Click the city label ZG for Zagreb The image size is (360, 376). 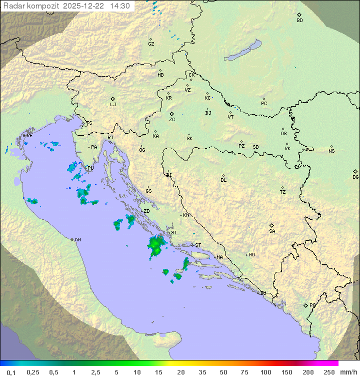pyautogui.click(x=172, y=120)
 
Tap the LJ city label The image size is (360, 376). pyautogui.click(x=113, y=105)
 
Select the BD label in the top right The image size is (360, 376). pyautogui.click(x=299, y=21)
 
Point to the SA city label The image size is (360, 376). pyautogui.click(x=272, y=231)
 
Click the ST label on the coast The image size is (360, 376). pyautogui.click(x=198, y=245)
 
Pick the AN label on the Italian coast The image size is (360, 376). pyautogui.click(x=77, y=240)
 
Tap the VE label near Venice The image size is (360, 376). pyautogui.click(x=29, y=136)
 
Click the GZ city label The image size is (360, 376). pyautogui.click(x=151, y=44)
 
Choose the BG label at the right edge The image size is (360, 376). pyautogui.click(x=355, y=177)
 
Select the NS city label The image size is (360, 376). pyautogui.click(x=331, y=151)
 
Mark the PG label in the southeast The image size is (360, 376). pyautogui.click(x=312, y=305)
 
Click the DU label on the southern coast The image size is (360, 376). pyautogui.click(x=263, y=293)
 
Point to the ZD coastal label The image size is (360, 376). pyautogui.click(x=146, y=211)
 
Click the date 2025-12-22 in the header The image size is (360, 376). pyautogui.click(x=84, y=6)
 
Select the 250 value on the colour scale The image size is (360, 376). pyautogui.click(x=329, y=372)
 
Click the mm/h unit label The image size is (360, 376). pyautogui.click(x=348, y=372)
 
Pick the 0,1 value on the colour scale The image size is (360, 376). pyautogui.click(x=11, y=372)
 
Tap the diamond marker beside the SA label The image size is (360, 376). pyautogui.click(x=272, y=225)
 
